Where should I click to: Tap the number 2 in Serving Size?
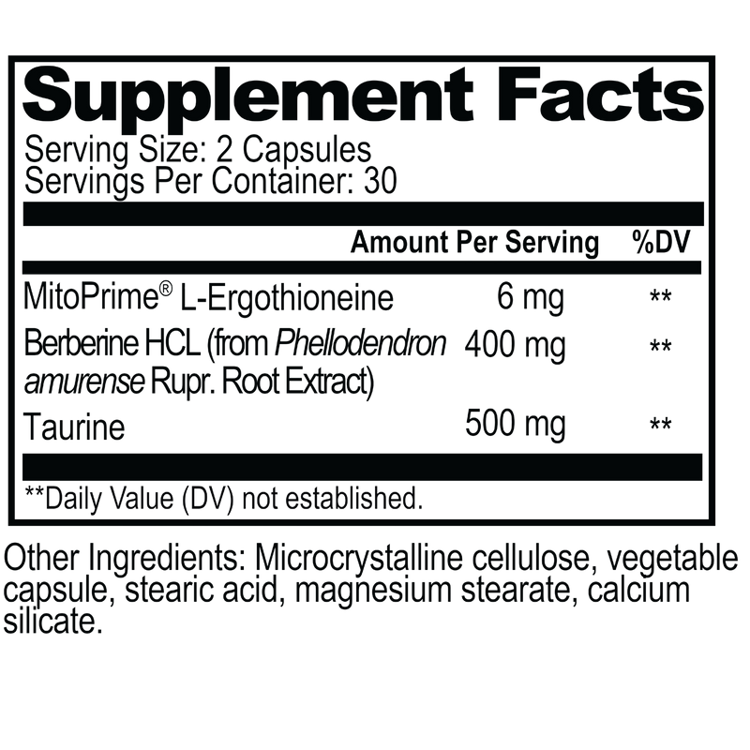(225, 149)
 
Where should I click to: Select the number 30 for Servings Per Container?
(381, 181)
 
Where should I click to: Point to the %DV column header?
(661, 242)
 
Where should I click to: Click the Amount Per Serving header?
(474, 243)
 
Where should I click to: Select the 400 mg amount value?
(515, 346)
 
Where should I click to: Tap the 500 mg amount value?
(515, 425)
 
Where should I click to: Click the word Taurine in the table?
(74, 427)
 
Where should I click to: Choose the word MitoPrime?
(91, 297)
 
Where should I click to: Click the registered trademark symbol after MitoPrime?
(166, 289)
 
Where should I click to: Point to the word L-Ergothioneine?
(287, 299)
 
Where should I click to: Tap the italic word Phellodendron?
(360, 343)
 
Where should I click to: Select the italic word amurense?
(83, 383)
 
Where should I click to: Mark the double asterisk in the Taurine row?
(661, 424)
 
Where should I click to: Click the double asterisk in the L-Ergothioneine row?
(661, 296)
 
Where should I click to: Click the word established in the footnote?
(354, 499)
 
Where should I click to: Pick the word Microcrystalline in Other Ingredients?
(359, 560)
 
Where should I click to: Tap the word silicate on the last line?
(52, 622)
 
